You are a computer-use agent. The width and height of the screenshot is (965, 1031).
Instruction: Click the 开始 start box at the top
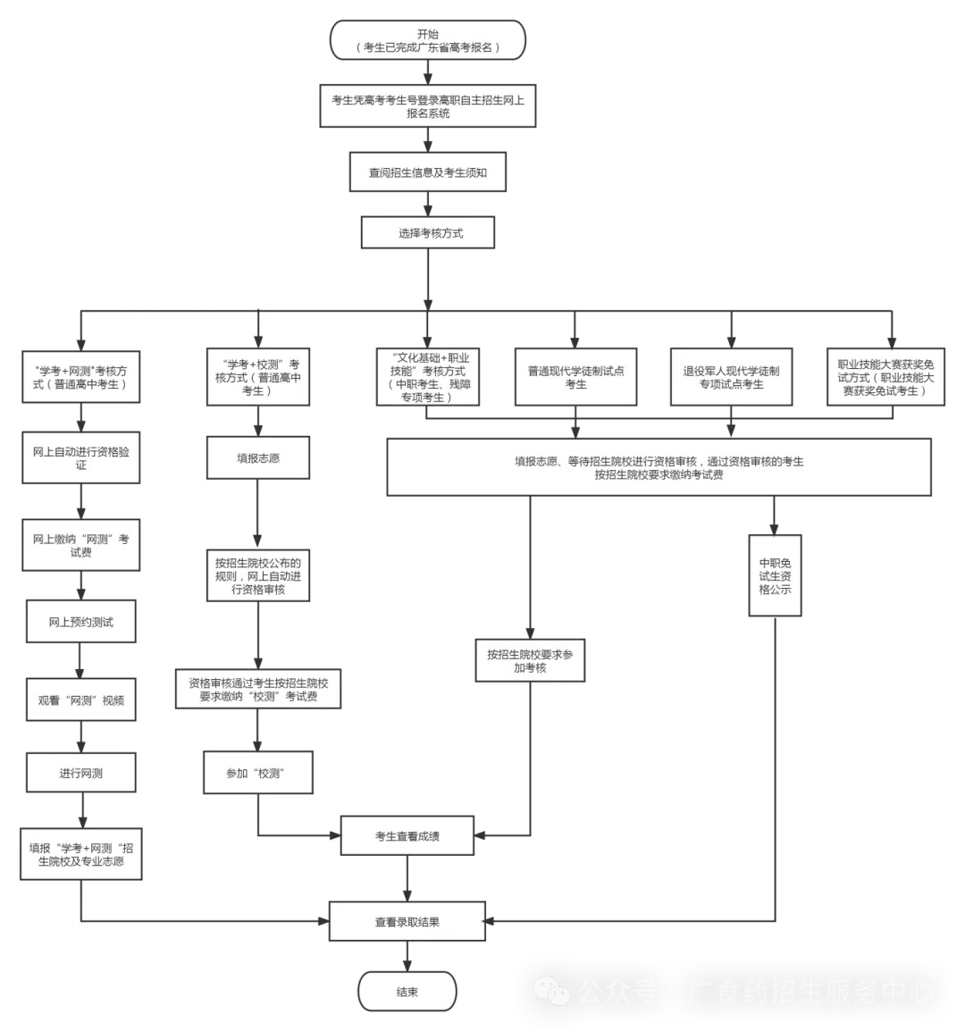click(428, 40)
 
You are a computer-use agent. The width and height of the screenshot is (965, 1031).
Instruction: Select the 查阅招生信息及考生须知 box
click(428, 172)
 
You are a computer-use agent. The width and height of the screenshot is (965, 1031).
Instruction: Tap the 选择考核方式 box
click(428, 233)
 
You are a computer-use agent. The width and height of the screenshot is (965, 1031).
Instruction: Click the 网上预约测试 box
click(81, 621)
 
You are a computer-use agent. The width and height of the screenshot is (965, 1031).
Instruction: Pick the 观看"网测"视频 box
click(81, 700)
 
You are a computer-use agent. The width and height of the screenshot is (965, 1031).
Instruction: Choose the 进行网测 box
click(81, 773)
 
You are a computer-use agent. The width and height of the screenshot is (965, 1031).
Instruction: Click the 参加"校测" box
click(258, 773)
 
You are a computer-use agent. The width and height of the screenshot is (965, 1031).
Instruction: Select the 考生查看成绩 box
click(407, 835)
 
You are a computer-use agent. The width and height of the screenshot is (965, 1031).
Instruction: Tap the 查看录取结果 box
click(407, 921)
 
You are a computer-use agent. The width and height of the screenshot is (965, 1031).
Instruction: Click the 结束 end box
click(407, 992)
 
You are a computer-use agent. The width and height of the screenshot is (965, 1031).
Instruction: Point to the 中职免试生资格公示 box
click(775, 575)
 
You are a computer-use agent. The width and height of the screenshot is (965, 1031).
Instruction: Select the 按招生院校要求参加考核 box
click(530, 660)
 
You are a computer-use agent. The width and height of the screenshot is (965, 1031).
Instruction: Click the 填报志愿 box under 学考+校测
click(258, 457)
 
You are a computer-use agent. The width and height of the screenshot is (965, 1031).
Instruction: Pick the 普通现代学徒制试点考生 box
click(575, 377)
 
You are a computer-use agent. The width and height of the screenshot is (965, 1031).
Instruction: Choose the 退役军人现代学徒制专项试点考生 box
click(731, 377)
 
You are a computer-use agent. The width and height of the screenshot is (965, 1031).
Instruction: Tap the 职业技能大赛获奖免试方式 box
click(885, 377)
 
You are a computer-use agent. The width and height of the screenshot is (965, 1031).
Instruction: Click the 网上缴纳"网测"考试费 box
click(81, 545)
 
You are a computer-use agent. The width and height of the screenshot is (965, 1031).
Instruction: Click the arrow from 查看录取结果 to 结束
click(407, 957)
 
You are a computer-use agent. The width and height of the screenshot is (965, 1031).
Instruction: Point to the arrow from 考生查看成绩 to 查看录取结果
click(407, 878)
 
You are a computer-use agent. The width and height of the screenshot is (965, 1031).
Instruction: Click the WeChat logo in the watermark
click(551, 990)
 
